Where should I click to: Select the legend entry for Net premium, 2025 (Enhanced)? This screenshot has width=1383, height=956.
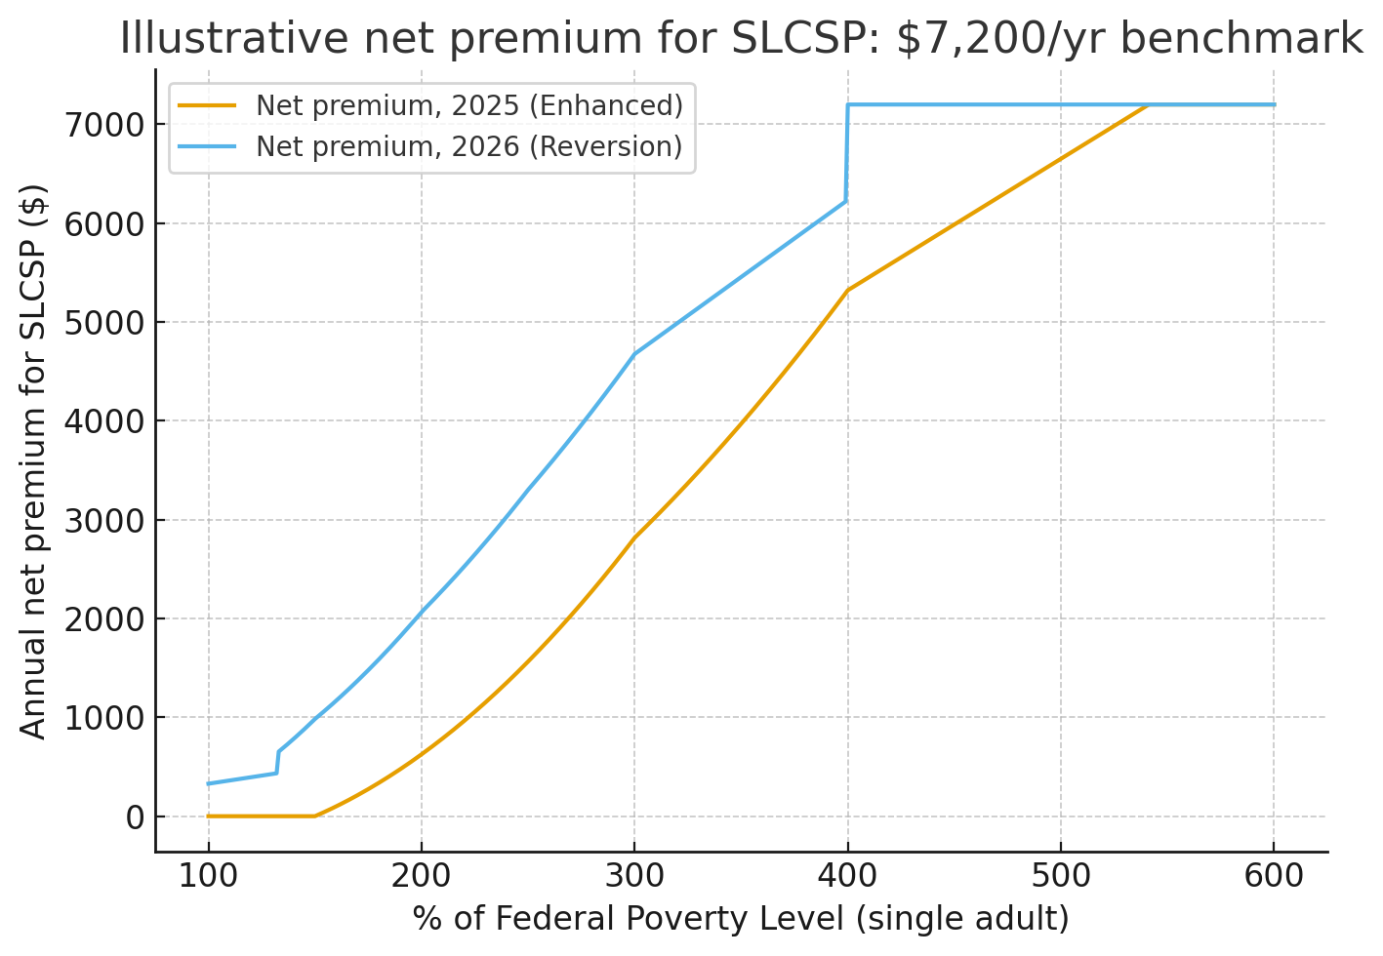(468, 105)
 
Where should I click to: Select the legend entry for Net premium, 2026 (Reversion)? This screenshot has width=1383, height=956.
(468, 146)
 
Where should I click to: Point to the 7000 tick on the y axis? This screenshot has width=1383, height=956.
(107, 125)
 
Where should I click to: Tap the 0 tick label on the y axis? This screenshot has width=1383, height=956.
(135, 817)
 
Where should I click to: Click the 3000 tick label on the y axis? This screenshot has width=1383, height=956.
(107, 520)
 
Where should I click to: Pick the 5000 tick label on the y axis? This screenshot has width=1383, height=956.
(107, 323)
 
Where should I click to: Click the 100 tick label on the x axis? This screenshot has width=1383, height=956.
(208, 876)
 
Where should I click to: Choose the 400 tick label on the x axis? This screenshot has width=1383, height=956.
(847, 876)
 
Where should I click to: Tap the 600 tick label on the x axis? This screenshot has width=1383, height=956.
(1274, 876)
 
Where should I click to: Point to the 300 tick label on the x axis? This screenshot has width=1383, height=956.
(634, 876)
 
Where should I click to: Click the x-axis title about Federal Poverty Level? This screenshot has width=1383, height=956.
(741, 919)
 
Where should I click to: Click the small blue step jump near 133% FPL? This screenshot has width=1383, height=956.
(278, 762)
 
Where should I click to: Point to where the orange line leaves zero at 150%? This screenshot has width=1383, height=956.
(314, 816)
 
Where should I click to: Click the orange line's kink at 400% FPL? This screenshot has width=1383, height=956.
(847, 290)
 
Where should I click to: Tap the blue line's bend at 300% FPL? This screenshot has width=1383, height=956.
(634, 354)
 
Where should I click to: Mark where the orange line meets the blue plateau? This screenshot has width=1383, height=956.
(1150, 104)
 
